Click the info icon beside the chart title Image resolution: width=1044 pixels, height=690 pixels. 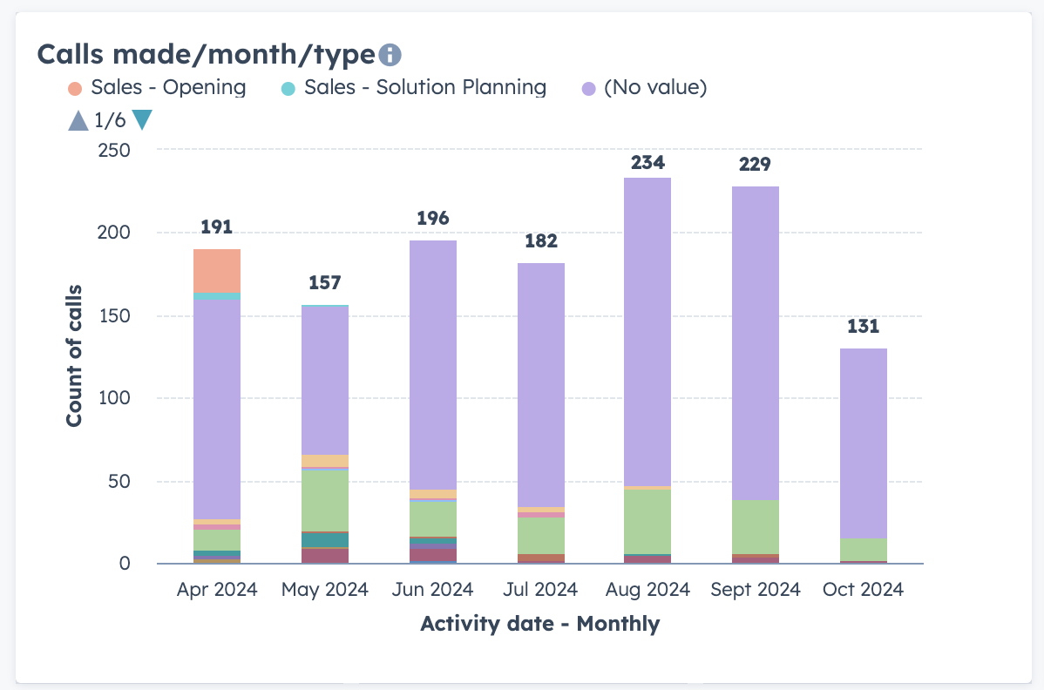(390, 55)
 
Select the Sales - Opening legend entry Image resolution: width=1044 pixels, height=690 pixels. (158, 88)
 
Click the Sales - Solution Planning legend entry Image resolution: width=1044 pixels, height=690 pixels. (415, 88)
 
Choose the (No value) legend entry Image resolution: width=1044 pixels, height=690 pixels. (644, 88)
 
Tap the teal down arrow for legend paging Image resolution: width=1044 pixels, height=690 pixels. (142, 120)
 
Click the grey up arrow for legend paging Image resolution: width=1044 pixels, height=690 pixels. (78, 120)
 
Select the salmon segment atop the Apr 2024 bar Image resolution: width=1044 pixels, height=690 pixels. (217, 271)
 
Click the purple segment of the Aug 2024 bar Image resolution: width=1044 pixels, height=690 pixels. (647, 331)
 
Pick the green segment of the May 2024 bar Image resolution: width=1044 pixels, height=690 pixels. (325, 500)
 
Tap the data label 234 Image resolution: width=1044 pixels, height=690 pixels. (647, 162)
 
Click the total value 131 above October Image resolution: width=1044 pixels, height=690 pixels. (863, 327)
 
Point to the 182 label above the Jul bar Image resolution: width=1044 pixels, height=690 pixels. (540, 241)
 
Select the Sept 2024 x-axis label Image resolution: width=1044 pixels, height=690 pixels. (756, 590)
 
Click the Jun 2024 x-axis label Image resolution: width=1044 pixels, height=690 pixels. (433, 590)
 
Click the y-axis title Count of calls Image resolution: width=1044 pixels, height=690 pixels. (74, 355)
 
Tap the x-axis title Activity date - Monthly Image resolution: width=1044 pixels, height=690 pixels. (539, 624)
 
